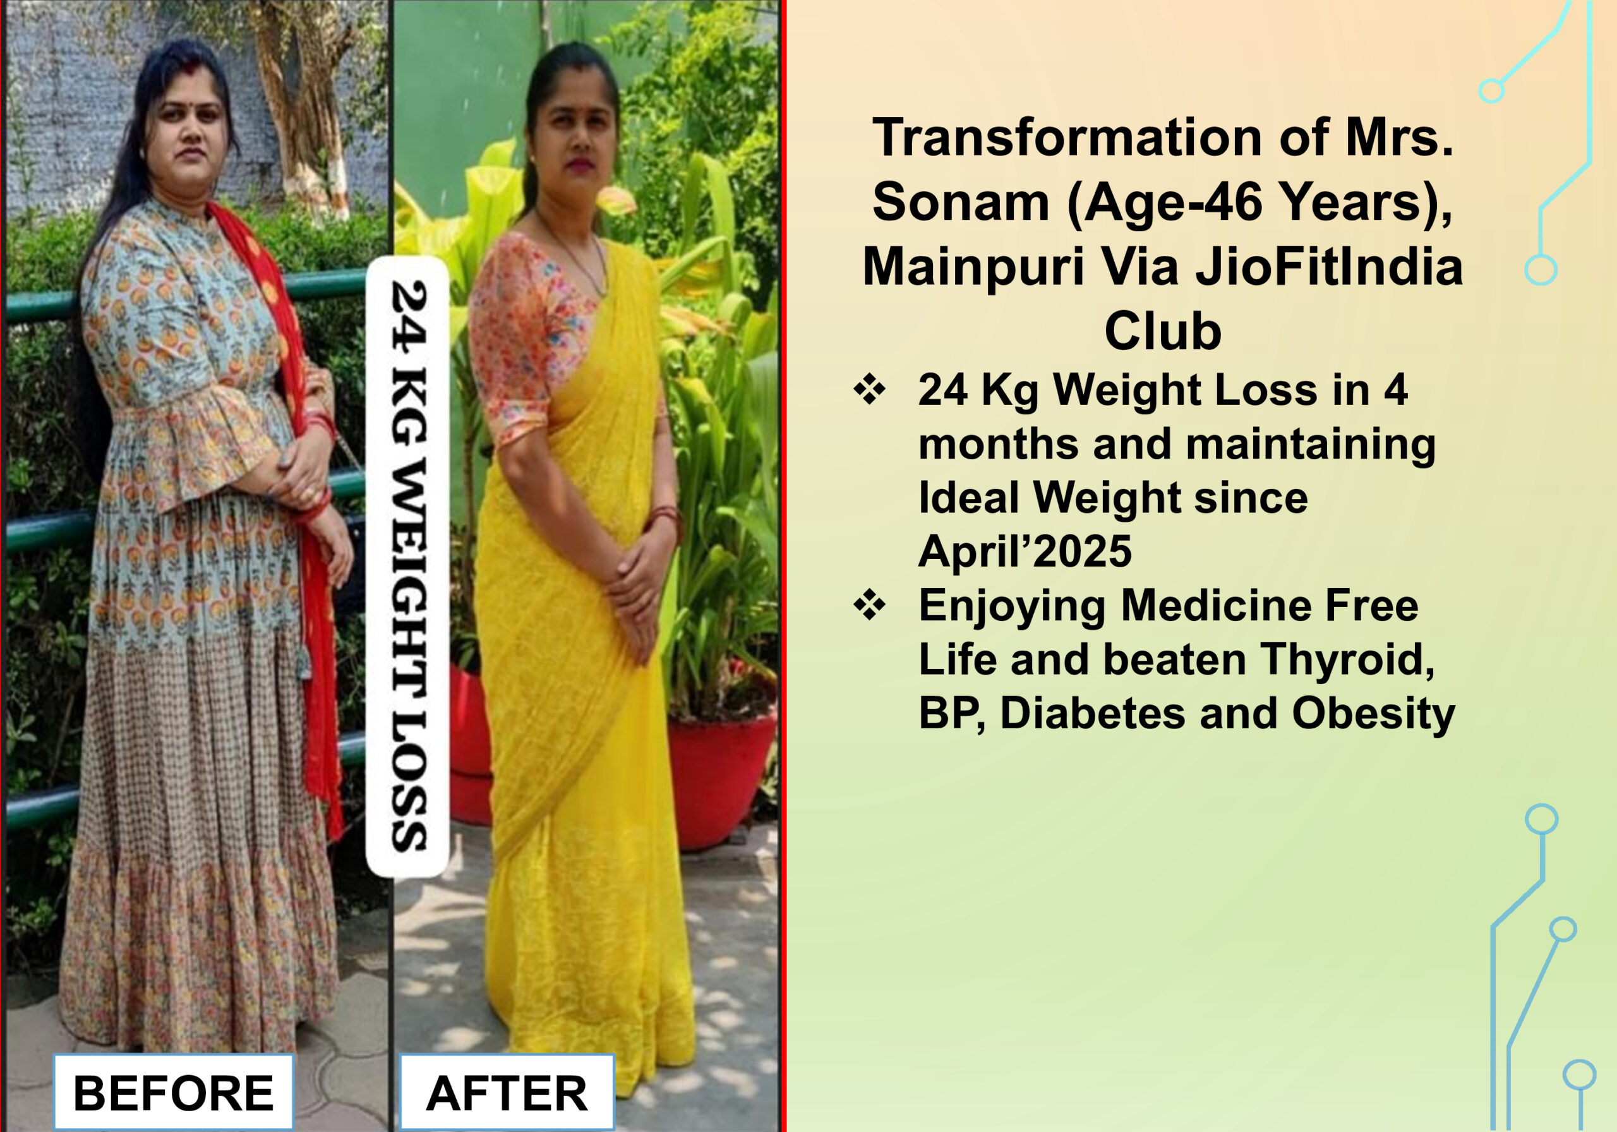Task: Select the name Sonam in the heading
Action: pos(960,202)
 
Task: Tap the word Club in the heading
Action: pos(1163,330)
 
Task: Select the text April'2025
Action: pos(1025,551)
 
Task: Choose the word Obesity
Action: pos(1373,714)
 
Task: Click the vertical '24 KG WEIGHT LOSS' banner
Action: pos(408,567)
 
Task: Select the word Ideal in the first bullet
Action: pos(968,497)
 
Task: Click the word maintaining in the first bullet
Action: pos(1311,445)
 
